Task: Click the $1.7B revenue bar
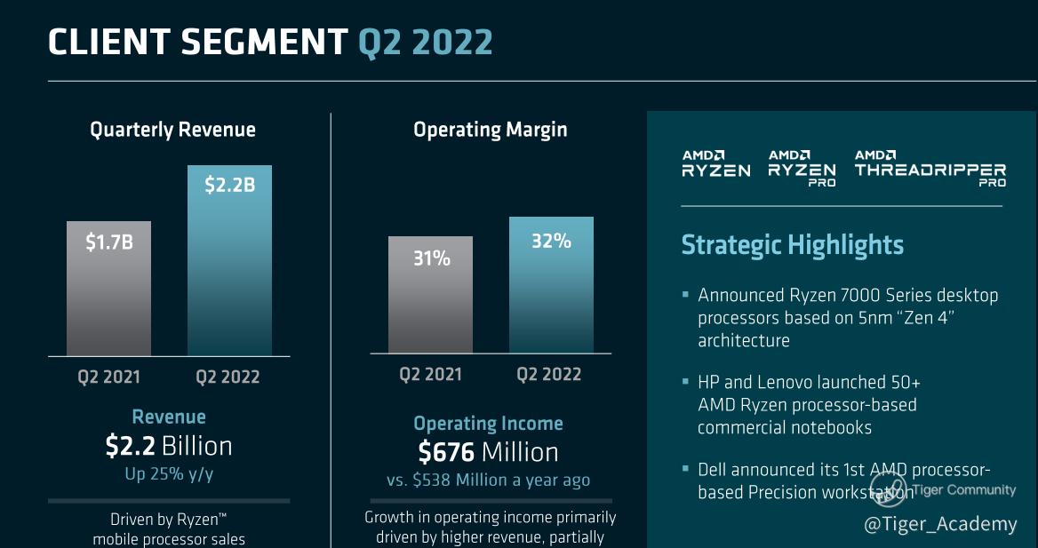108,289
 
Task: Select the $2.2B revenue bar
229,260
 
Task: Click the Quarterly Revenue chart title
172,130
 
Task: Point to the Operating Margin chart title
490,130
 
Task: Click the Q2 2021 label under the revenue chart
108,377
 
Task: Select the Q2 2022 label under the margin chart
548,374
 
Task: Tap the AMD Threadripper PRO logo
930,168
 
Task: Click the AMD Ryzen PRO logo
802,168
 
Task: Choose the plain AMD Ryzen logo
715,164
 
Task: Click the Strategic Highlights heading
792,245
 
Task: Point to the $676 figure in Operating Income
446,452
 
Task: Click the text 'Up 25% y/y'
169,473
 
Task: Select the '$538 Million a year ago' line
488,480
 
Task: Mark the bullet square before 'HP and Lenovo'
685,382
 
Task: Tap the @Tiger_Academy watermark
940,524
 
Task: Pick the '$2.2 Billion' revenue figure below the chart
169,446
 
